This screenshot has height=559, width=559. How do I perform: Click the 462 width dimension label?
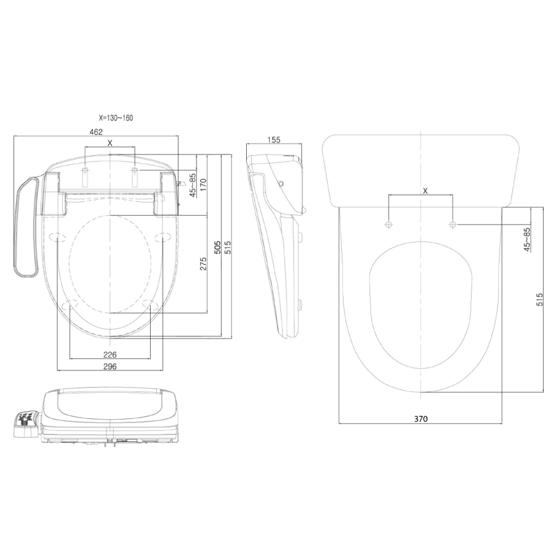pos(96,132)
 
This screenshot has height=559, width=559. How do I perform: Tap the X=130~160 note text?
pos(116,118)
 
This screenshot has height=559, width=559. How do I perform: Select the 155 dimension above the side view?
pos(274,140)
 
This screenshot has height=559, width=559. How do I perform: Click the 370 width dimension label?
pos(421,419)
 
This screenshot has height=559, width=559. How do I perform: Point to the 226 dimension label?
pos(110,355)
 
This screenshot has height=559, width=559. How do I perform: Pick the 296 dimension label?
pos(110,366)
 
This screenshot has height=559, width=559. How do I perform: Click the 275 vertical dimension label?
pos(203,264)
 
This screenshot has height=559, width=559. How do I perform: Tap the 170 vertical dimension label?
pos(203,185)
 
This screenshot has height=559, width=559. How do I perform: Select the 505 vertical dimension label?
pos(217,247)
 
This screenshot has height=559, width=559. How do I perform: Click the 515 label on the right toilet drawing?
pos(540,300)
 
